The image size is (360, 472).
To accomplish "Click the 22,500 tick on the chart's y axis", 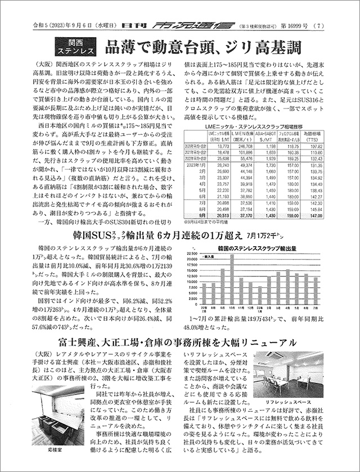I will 191,254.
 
